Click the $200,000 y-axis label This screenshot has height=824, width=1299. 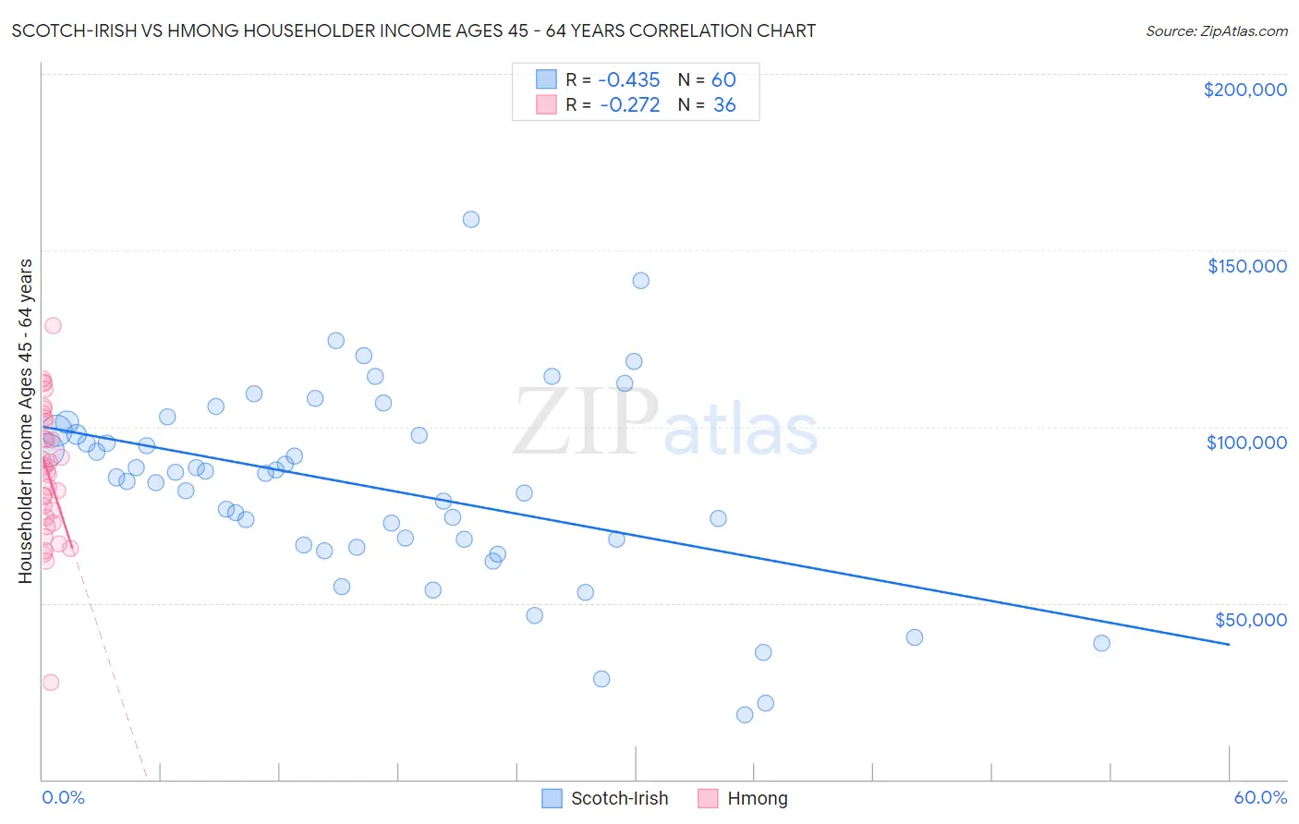coord(1244,90)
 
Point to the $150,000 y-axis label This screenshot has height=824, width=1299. coord(1246,266)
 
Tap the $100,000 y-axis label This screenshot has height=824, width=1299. coord(1246,442)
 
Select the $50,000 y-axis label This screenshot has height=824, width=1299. coord(1250,620)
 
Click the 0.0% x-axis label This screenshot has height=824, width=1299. coord(63,797)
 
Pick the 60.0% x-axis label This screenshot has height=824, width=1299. coord(1259,797)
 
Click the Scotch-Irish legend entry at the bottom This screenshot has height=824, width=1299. coord(619,798)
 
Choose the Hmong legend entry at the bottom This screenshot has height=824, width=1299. coord(757,798)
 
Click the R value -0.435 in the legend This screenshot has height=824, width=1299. coord(629,79)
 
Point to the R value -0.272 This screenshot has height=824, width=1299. coord(629,105)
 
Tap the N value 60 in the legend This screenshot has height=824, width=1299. coord(723,79)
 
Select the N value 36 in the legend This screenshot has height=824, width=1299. coord(724,105)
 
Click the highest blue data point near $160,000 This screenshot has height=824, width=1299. coord(471,219)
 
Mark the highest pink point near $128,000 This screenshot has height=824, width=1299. coord(53,325)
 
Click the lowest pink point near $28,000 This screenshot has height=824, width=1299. coord(51,682)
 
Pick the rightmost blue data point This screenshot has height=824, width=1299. coord(1101,643)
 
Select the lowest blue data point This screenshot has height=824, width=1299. coord(745,714)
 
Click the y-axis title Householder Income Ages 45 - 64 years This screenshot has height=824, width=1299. coord(25,420)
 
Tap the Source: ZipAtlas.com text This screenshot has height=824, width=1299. coord(1216,31)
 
